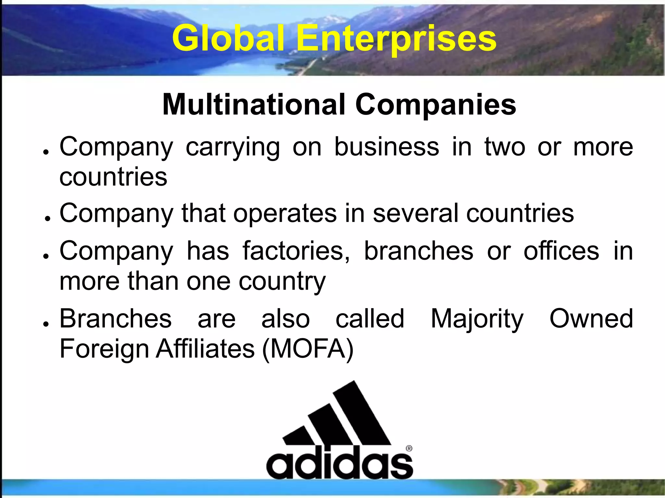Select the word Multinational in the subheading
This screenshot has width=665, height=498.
pyautogui.click(x=254, y=105)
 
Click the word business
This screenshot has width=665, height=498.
pyautogui.click(x=386, y=147)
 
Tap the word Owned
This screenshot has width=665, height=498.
pyautogui.click(x=591, y=319)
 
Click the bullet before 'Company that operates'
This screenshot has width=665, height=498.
pyautogui.click(x=47, y=218)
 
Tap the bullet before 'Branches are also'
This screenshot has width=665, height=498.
pyautogui.click(x=47, y=324)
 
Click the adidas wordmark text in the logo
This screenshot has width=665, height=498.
pyautogui.click(x=339, y=462)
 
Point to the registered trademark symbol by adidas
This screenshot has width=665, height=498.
pyautogui.click(x=409, y=449)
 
